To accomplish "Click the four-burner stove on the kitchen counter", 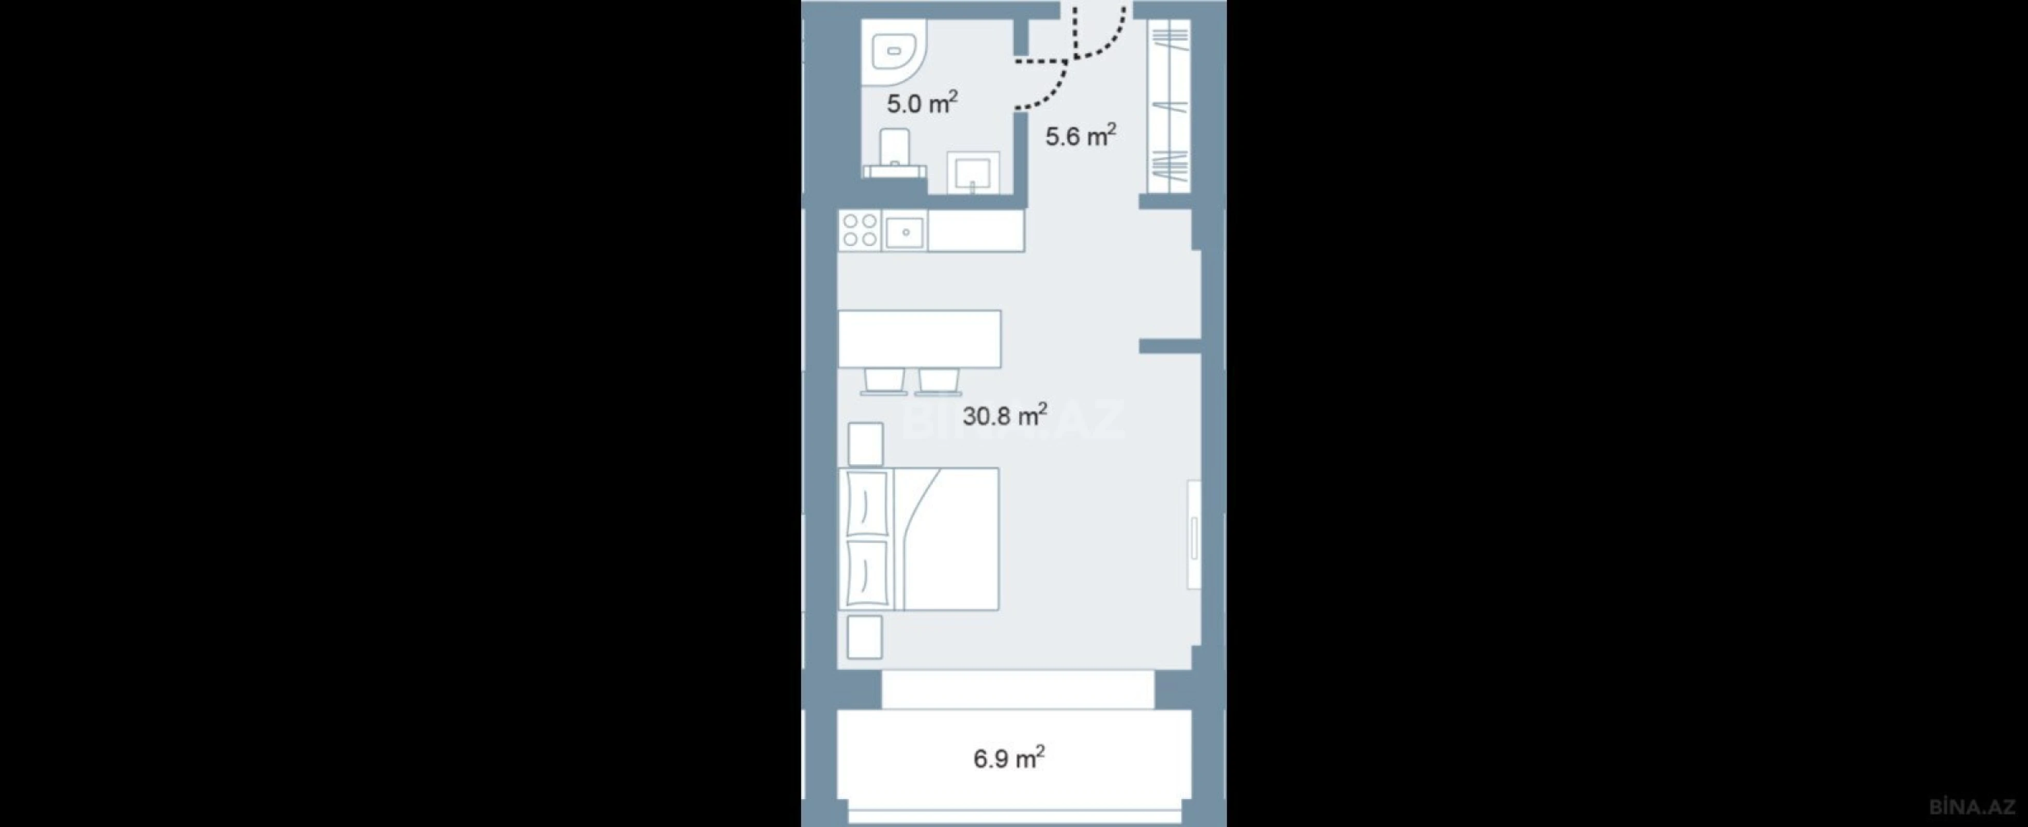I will click(x=860, y=231).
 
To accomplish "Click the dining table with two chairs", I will click(x=919, y=339).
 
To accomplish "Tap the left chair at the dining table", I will click(x=883, y=380).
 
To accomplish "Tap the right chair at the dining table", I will click(x=939, y=380).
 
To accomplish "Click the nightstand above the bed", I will click(x=865, y=444).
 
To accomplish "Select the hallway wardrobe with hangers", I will click(x=1168, y=106).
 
